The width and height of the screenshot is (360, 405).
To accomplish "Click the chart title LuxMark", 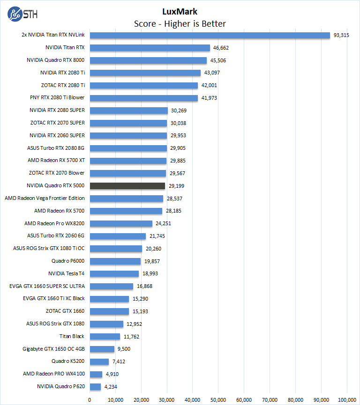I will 180,11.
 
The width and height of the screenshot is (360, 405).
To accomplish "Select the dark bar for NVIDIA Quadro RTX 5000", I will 127,186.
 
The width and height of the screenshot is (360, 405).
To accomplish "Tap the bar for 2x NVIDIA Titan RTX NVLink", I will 210,35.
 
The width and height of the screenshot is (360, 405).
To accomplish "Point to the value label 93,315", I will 341,35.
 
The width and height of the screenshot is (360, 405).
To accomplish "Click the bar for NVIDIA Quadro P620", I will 95,387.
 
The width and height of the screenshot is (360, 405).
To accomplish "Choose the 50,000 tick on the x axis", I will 218,400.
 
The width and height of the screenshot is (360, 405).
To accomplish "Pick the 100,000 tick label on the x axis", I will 347,400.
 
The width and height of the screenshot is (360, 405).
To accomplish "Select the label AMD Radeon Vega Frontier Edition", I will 45,199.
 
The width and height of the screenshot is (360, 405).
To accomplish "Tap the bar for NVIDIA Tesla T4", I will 114,273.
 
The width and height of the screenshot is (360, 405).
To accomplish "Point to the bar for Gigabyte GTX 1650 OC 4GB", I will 102,349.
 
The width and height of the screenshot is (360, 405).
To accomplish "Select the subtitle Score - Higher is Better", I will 180,23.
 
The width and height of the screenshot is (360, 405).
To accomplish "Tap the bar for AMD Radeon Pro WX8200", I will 121,223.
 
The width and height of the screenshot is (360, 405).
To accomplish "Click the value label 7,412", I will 118,361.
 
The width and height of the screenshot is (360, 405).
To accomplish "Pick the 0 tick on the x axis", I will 90,400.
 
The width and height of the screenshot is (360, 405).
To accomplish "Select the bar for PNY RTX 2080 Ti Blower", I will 143,98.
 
